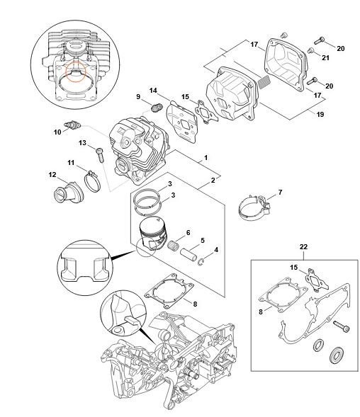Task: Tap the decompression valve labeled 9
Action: [157, 107]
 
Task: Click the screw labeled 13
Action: [100, 154]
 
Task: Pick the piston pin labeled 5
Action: [189, 254]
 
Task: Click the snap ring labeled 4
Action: [201, 261]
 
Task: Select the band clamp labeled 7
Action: [254, 208]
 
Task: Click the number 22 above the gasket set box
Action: [303, 247]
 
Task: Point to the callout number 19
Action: [320, 114]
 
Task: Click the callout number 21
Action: [326, 58]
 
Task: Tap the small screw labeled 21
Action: [310, 50]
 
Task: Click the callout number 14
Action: [153, 91]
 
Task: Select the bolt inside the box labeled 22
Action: [341, 326]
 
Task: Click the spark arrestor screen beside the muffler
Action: [264, 81]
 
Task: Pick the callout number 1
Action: [206, 158]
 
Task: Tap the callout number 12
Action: [52, 174]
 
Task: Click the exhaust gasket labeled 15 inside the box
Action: [317, 279]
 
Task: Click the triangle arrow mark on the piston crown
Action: [157, 220]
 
